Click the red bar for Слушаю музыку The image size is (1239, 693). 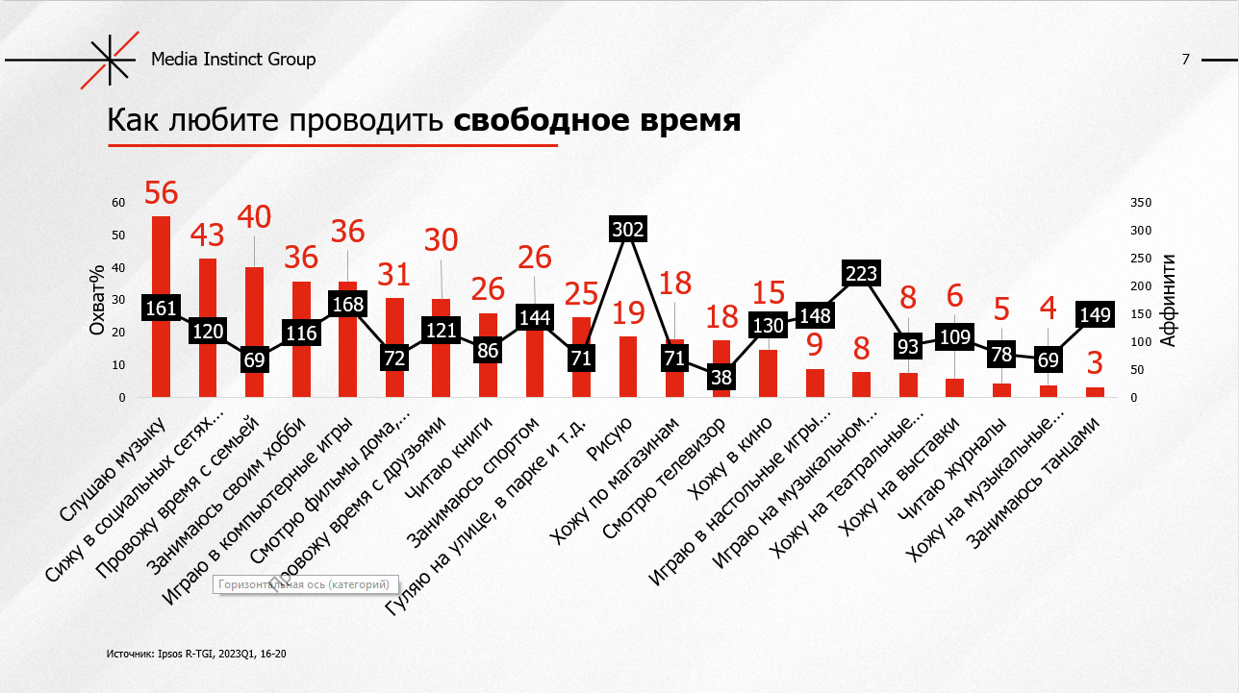[161, 356]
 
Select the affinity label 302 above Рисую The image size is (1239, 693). [628, 229]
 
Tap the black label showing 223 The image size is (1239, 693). [861, 273]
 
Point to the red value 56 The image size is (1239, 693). [161, 193]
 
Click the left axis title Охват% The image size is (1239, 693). [97, 300]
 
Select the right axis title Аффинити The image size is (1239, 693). [1168, 300]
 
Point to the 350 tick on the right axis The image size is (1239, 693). [1142, 203]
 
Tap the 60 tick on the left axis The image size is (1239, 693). [118, 203]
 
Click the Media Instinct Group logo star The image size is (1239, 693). [109, 60]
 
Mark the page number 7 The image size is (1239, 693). [1185, 60]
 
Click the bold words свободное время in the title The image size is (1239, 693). [596, 121]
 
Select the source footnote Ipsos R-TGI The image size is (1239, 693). [195, 654]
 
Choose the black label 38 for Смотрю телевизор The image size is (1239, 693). [721, 378]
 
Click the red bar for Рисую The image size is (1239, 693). [628, 366]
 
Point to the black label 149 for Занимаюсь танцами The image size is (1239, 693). [1095, 313]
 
